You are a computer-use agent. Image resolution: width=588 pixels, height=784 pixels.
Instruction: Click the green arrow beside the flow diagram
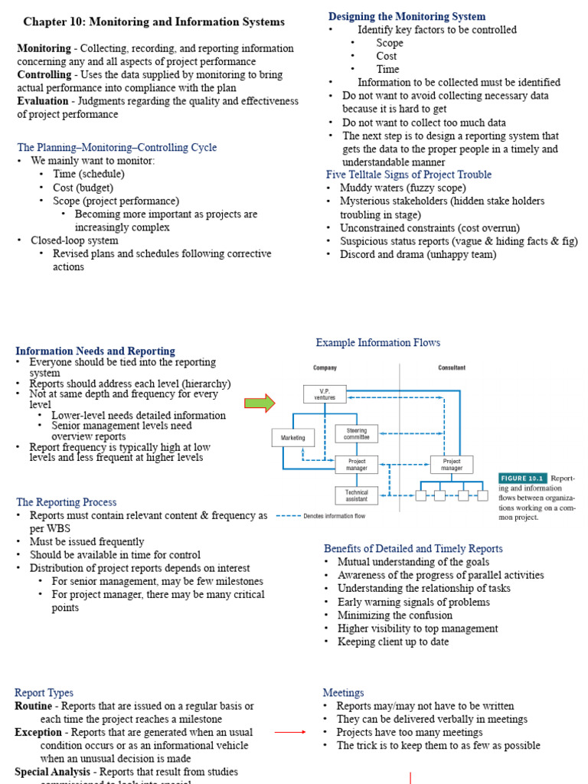(259, 403)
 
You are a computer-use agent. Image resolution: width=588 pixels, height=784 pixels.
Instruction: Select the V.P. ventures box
(325, 394)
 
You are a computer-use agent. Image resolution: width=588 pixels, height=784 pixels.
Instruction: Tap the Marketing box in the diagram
(293, 438)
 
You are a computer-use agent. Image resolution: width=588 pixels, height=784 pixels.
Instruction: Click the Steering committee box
(356, 434)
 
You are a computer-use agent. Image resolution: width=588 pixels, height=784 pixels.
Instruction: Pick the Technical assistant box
(356, 495)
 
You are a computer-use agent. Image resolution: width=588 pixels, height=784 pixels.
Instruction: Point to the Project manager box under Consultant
(452, 465)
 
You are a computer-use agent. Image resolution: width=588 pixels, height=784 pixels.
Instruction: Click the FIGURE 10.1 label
(523, 478)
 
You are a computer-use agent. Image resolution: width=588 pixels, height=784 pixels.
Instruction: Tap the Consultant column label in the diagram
(451, 367)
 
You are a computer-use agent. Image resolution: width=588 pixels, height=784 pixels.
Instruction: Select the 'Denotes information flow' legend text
(335, 516)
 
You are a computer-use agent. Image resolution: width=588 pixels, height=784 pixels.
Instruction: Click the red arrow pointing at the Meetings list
(290, 733)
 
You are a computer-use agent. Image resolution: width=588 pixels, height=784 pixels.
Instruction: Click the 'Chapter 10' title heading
(154, 22)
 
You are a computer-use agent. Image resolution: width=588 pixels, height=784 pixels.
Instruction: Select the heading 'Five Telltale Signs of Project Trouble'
(409, 175)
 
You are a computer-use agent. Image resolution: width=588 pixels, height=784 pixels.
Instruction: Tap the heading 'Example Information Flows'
(378, 342)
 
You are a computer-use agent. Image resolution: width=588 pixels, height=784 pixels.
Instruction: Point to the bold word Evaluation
(43, 101)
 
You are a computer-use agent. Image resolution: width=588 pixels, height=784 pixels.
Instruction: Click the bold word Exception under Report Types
(38, 733)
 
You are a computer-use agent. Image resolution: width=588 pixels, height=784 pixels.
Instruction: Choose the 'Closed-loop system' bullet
(74, 240)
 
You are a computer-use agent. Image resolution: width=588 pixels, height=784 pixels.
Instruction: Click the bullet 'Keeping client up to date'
(393, 642)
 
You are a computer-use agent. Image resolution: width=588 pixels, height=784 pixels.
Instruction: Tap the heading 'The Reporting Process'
(67, 502)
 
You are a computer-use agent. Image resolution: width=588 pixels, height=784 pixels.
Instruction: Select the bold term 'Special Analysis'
(50, 772)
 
